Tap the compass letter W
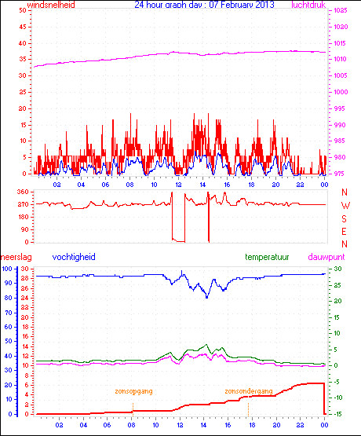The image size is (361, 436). (345, 205)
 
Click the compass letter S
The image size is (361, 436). (345, 218)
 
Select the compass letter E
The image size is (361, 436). (345, 230)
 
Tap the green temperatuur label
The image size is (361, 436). (269, 257)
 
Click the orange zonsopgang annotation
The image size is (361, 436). (133, 390)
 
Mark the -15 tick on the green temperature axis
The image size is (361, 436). (338, 414)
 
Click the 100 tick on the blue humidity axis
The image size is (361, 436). (7, 269)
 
